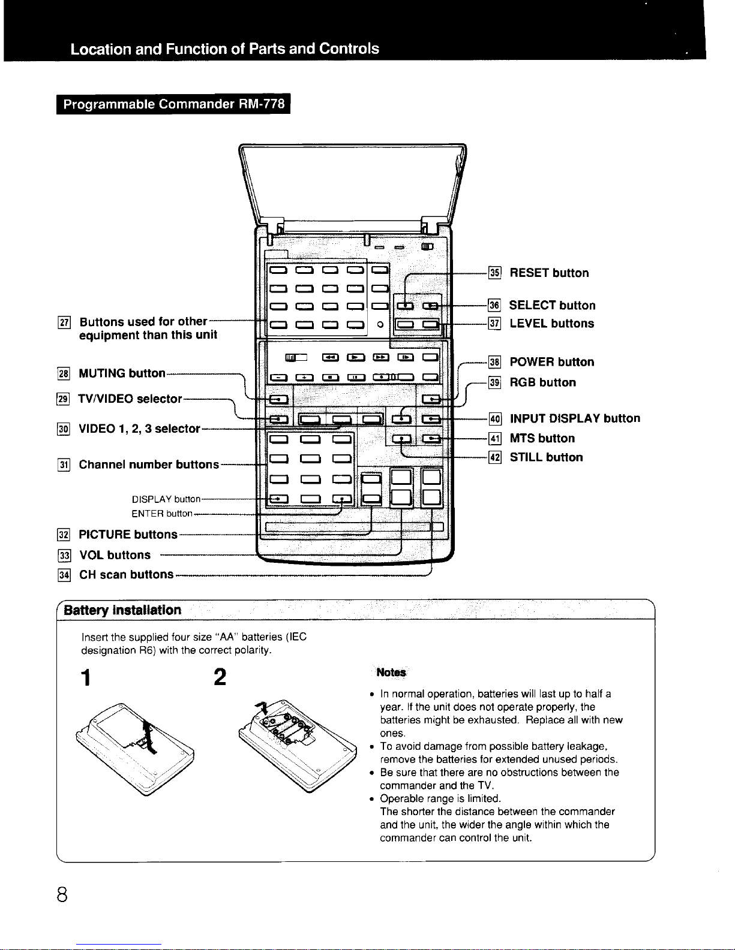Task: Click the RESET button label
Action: point(549,273)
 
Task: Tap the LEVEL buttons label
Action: point(551,324)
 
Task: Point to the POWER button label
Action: point(551,362)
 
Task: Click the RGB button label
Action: point(542,382)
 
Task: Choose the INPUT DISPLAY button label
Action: point(574,418)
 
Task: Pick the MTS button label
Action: point(542,438)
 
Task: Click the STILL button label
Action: point(546,457)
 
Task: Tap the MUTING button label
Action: point(122,373)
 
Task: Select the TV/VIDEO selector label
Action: point(130,399)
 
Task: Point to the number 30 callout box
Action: point(64,429)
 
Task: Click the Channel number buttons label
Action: point(149,465)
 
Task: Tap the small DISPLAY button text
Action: point(166,499)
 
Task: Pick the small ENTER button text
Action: point(162,514)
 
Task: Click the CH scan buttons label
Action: point(126,575)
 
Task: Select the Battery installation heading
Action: point(122,610)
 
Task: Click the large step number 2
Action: point(220,677)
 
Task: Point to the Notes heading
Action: point(391,672)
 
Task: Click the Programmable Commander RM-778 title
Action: point(174,104)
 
